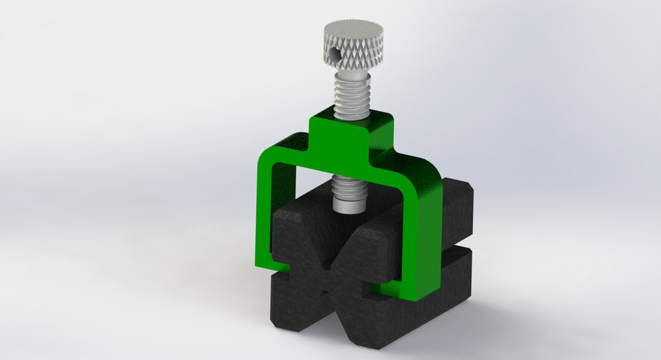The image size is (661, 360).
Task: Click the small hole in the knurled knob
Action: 335,52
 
